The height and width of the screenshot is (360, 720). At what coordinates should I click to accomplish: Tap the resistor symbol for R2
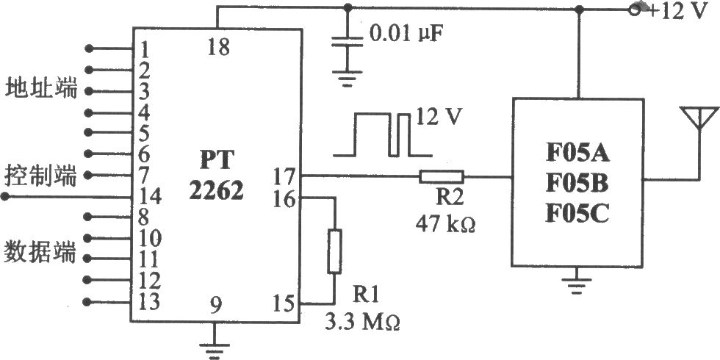coord(442,176)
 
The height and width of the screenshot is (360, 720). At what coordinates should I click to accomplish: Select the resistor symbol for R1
coord(334,251)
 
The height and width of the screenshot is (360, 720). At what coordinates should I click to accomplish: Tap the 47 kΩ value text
coord(445,224)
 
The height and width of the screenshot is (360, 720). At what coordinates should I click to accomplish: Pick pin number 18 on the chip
coord(219,47)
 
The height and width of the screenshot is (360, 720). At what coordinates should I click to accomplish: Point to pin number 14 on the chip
coord(150,197)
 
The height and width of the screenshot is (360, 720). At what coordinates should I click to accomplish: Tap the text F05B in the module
coord(577,184)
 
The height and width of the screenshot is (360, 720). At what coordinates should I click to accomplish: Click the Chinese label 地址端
coord(41,89)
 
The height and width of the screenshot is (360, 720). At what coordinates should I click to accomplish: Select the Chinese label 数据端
coord(40,253)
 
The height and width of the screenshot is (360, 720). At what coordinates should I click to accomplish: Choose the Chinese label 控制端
coord(41,176)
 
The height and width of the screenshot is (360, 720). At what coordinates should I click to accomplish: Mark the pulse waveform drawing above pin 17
coord(383,134)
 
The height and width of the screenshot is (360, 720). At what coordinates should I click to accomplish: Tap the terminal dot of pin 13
coord(88,302)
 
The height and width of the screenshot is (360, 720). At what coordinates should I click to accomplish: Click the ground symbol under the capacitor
coord(347,78)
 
